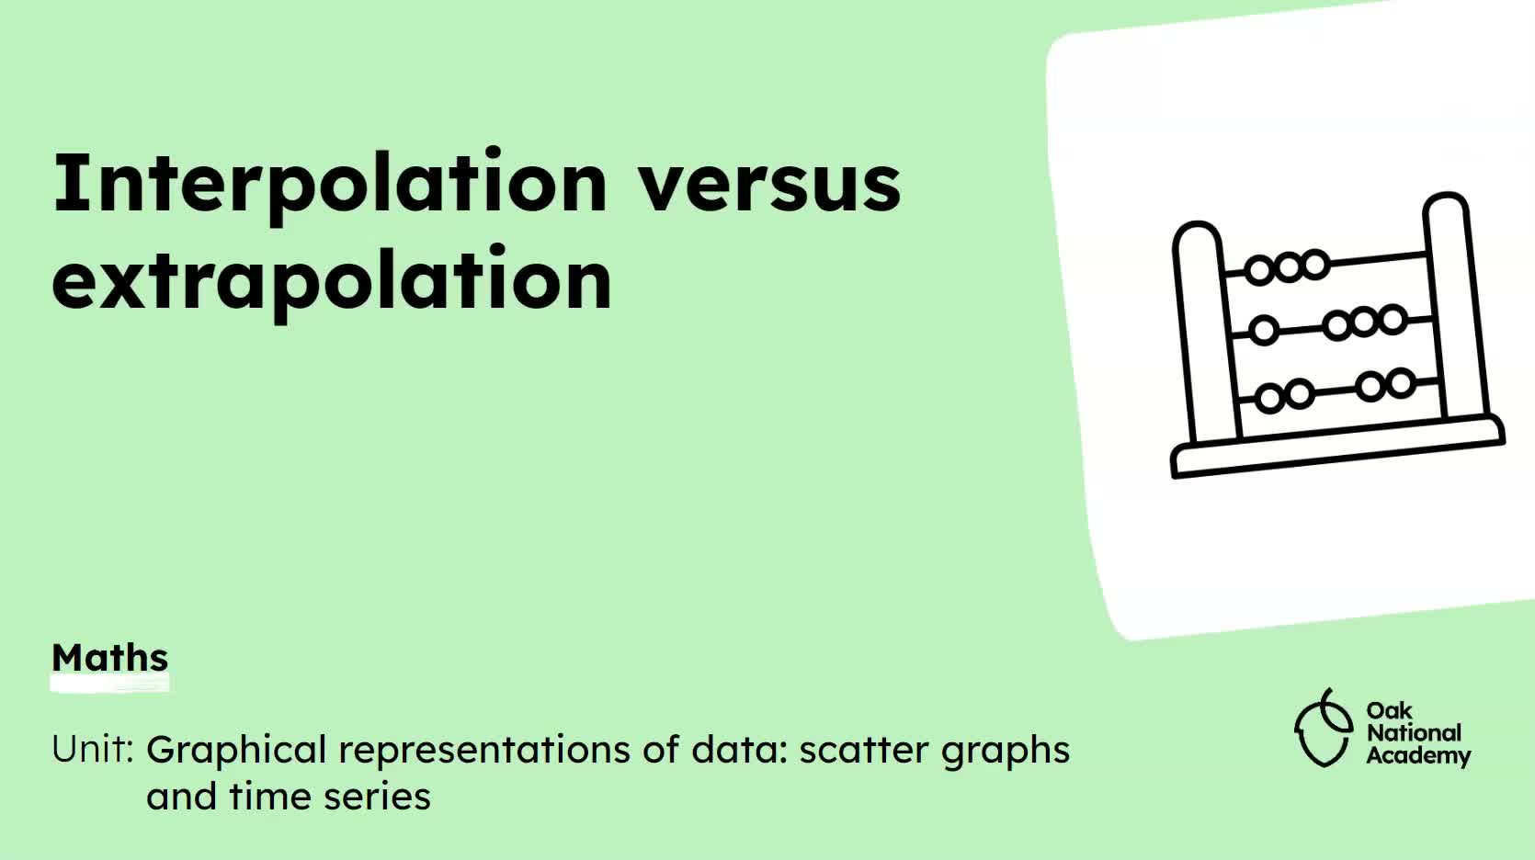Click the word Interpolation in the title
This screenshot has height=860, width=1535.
click(x=329, y=183)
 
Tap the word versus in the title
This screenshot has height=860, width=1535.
click(x=769, y=185)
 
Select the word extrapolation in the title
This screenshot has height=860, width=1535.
click(x=332, y=280)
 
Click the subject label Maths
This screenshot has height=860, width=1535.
click(x=110, y=658)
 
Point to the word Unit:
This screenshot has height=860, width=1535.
click(x=93, y=750)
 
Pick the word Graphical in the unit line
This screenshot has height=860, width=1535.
click(x=236, y=751)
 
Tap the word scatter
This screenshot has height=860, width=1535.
click(x=864, y=751)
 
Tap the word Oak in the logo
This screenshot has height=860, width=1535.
click(x=1389, y=710)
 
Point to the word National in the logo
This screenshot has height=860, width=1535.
click(x=1414, y=733)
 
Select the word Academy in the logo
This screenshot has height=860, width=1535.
click(x=1418, y=756)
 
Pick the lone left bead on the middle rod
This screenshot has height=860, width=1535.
click(x=1264, y=330)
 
